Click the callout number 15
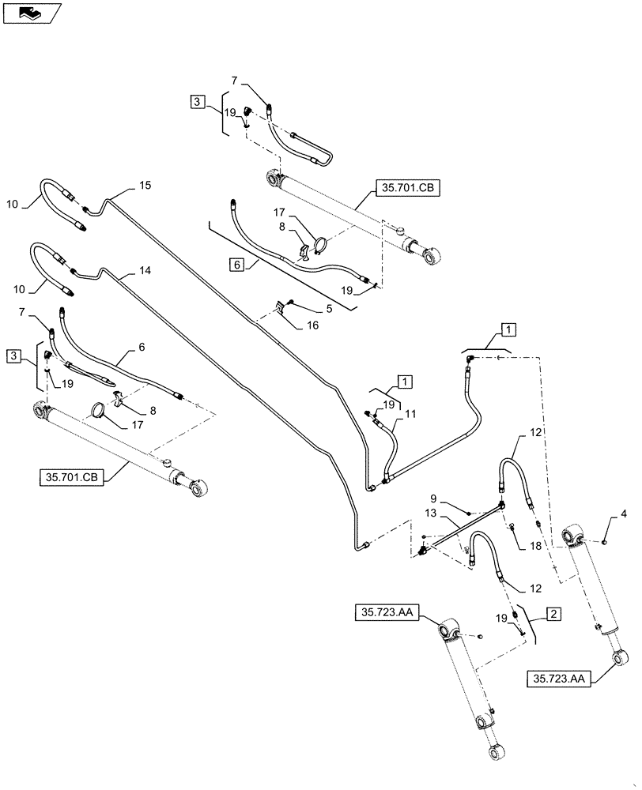tap(145, 186)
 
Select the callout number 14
tap(145, 270)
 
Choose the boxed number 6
tap(237, 265)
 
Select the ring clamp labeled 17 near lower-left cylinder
tap(98, 411)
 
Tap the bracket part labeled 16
tap(279, 305)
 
